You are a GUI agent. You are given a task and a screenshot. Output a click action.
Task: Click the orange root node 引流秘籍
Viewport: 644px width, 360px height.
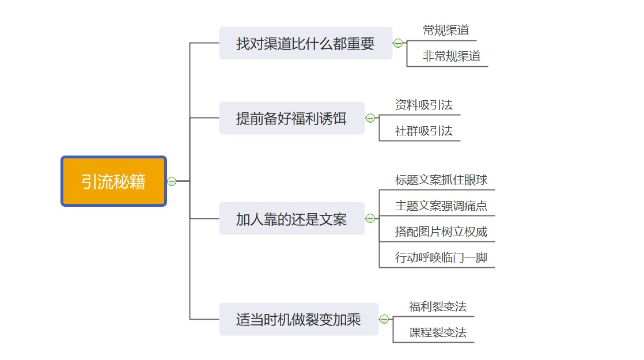point(113,181)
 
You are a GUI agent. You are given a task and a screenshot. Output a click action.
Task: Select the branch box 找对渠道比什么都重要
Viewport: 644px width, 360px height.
point(305,43)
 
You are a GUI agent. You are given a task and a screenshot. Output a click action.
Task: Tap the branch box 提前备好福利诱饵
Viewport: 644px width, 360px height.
point(291,118)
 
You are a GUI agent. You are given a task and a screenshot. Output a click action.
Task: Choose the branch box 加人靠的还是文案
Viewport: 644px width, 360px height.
point(291,218)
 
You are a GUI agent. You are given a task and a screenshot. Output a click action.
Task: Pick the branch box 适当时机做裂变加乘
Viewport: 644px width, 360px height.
point(298,319)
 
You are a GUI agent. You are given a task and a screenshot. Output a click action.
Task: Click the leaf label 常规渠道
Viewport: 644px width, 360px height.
point(446,31)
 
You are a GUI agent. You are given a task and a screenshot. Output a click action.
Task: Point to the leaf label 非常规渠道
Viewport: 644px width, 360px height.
point(452,56)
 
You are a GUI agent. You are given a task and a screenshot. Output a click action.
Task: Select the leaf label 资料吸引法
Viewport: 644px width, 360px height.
point(423,105)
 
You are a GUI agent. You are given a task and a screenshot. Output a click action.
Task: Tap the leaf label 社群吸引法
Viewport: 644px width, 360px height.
point(423,131)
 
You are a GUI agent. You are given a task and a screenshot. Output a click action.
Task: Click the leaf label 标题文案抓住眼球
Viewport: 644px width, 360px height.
point(441,180)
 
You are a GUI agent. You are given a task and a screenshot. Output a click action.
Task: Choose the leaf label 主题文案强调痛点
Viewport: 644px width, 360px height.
point(441,206)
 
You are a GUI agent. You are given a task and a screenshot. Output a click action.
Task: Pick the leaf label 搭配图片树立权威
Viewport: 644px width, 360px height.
point(441,232)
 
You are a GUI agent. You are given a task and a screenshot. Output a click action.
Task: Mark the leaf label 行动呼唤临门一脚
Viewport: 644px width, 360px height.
point(441,257)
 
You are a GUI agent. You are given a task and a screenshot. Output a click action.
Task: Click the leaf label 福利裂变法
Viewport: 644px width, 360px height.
point(438,306)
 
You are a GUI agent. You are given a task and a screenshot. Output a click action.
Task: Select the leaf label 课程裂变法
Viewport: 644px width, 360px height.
point(438,332)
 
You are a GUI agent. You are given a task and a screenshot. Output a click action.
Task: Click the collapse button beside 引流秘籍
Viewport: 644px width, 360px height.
point(172,181)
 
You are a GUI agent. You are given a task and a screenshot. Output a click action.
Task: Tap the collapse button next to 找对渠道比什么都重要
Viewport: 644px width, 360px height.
point(397,43)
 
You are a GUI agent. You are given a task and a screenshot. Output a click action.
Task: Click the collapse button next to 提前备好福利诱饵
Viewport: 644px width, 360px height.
point(370,118)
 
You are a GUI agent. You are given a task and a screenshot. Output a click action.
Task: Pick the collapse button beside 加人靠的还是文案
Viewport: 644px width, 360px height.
point(370,218)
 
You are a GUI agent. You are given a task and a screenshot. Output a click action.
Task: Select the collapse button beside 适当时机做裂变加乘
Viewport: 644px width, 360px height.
point(384,319)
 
